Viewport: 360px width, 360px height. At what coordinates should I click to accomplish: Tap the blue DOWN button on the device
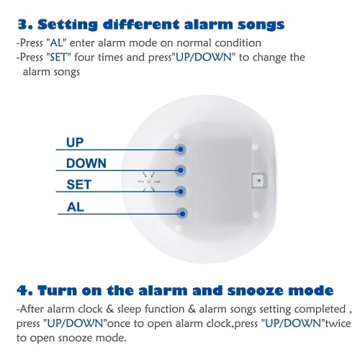coord(181,171)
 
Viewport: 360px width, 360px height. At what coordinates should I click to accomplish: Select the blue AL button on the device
coord(181,213)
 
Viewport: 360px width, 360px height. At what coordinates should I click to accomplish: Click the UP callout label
coord(75,142)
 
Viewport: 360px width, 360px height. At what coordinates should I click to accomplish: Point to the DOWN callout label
coord(86,163)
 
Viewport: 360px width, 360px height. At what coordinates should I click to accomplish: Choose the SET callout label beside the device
coord(78,185)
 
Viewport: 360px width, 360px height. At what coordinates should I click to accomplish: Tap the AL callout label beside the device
coord(74,207)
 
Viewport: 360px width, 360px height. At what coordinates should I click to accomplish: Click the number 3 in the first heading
coord(22,25)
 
